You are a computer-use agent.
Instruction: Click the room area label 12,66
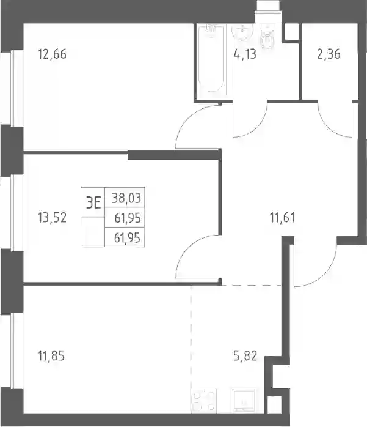point(52,54)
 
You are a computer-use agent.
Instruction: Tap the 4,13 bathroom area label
point(245,54)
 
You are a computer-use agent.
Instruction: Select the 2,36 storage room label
point(329,54)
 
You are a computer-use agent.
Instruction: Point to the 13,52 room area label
point(52,218)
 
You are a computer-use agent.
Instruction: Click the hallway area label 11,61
point(283,218)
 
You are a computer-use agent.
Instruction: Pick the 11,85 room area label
point(51,355)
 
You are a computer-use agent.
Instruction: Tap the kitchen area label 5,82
point(245,355)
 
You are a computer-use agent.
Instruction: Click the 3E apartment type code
point(93,202)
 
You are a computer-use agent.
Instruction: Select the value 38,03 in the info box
point(126,198)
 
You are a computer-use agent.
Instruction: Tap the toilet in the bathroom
point(267,37)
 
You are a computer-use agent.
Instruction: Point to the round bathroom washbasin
point(242,32)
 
